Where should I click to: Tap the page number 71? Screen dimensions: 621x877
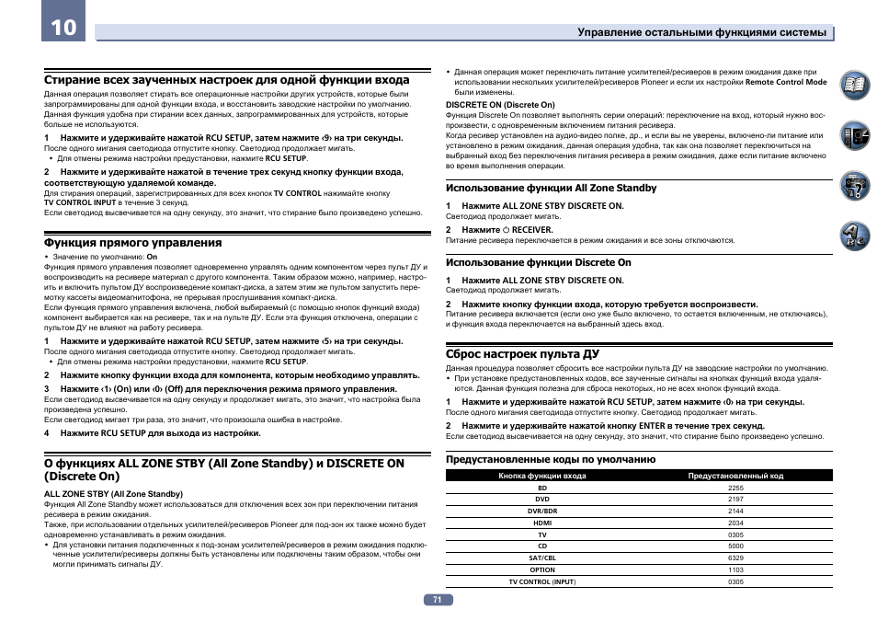(438, 599)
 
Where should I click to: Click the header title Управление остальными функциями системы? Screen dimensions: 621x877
(701, 32)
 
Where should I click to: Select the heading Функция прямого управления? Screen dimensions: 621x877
(133, 243)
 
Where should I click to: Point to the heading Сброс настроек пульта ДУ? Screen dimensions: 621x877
(522, 353)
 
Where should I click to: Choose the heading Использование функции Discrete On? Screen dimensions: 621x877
(538, 262)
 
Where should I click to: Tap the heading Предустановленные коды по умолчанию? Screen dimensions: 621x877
(550, 459)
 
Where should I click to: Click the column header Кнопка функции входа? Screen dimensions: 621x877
(542, 476)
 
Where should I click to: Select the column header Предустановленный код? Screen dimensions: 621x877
(735, 476)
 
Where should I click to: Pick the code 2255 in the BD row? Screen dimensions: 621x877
(735, 488)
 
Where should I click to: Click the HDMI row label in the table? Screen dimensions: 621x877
(542, 523)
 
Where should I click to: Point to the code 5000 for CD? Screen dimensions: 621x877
(735, 546)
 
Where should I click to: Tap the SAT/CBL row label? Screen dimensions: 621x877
(542, 558)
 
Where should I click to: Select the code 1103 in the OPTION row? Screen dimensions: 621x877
(735, 570)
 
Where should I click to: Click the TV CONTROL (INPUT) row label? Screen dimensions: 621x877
(542, 582)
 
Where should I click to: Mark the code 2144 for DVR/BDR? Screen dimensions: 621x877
(735, 511)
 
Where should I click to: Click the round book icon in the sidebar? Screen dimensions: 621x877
(854, 86)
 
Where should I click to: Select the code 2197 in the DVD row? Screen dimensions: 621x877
(735, 500)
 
